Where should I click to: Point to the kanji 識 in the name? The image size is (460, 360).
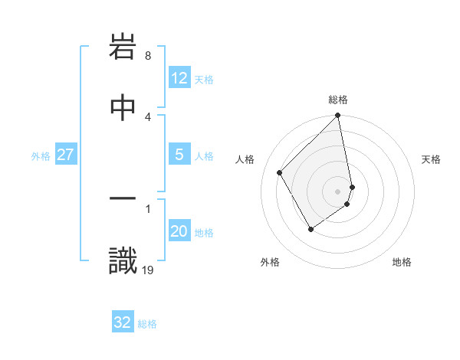(123, 260)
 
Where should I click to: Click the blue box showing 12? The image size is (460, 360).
(179, 78)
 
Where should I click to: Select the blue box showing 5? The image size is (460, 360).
(179, 155)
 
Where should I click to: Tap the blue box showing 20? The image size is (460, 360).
(179, 232)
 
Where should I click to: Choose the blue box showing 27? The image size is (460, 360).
(65, 155)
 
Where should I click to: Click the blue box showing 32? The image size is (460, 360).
(123, 322)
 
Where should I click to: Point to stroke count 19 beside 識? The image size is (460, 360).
(148, 270)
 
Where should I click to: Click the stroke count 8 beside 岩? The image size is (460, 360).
(147, 56)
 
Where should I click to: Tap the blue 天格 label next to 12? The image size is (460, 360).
(204, 79)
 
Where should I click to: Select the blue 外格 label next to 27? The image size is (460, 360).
(41, 155)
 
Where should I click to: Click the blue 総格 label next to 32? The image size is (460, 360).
(147, 323)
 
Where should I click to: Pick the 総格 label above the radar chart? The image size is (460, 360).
(338, 100)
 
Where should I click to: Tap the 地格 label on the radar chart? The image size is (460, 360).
(402, 262)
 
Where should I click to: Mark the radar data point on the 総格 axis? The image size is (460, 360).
(338, 116)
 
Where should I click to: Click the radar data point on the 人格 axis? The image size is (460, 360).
(280, 172)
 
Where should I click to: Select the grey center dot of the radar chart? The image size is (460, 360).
(338, 191)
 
